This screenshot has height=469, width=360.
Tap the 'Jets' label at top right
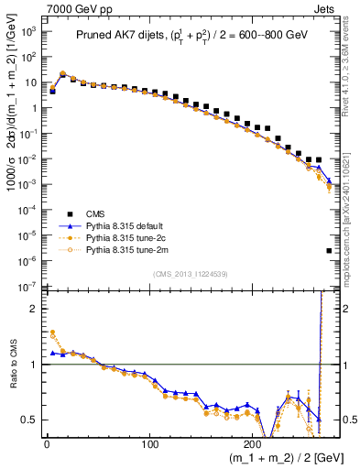(328, 7)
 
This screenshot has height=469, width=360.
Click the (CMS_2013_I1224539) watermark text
(191, 273)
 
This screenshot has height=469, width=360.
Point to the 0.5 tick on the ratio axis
(30, 420)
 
